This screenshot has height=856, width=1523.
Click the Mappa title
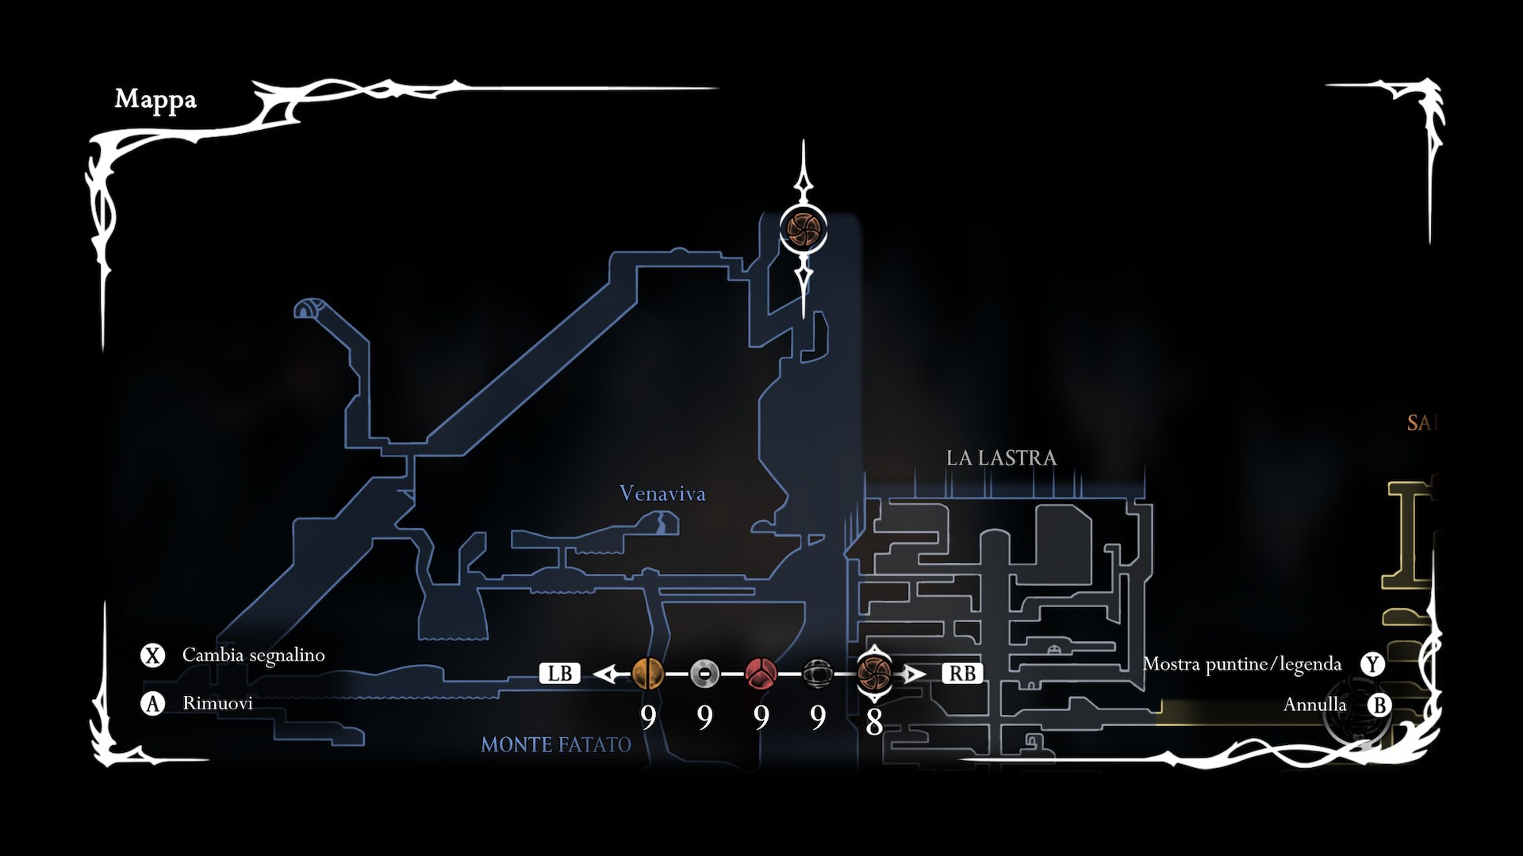coord(155,100)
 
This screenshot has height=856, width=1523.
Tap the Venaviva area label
coord(662,494)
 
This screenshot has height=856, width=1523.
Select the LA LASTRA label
coord(1001,458)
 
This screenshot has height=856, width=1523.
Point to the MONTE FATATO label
coord(556,745)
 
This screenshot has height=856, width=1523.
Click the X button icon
coord(152,655)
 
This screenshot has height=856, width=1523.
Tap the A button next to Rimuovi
coord(152,704)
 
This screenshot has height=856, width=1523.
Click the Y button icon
coord(1372,664)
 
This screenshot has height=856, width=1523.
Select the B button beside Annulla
coord(1379,705)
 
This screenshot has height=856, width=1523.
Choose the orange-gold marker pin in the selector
coord(648,674)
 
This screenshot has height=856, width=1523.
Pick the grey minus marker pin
coord(704,674)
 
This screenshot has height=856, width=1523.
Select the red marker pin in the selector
coord(761,674)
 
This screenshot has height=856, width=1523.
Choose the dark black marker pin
coord(817,674)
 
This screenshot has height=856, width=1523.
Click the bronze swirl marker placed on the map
coord(804,230)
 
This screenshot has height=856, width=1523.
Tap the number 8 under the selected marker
coord(874,722)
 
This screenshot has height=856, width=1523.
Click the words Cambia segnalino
coord(254,655)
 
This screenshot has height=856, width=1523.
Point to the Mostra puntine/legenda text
coord(1241,664)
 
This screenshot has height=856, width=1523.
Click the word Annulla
coord(1314,705)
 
